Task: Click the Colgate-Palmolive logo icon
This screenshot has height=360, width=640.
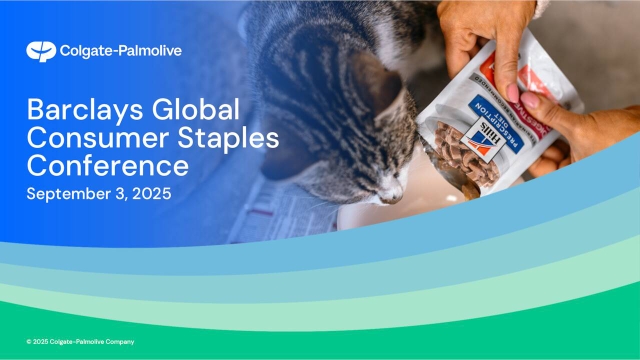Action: (x=40, y=51)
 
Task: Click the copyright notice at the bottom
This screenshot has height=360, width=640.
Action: (x=80, y=342)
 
